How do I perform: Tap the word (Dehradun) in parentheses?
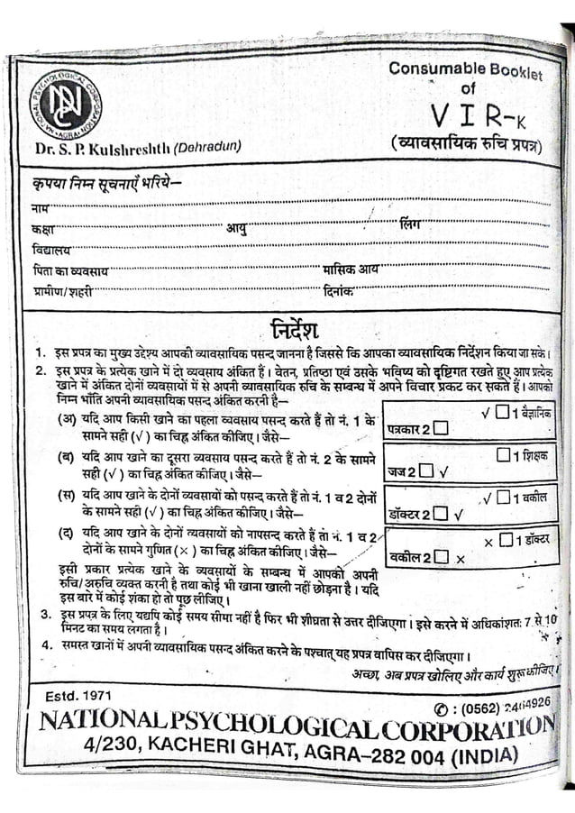[x=207, y=148]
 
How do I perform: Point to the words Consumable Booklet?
[x=465, y=69]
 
